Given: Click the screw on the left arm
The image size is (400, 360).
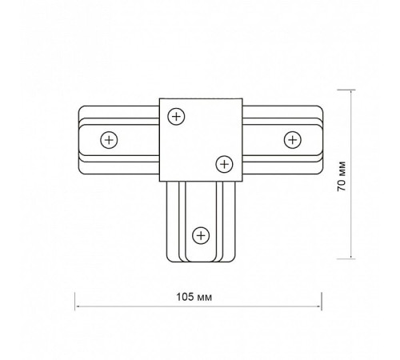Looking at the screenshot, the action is tap(109, 140).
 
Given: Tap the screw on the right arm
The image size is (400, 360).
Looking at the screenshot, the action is tap(293, 140).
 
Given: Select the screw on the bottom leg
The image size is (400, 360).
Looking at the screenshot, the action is tap(201, 235).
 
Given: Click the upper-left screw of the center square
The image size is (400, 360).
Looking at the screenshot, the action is tap(176, 117).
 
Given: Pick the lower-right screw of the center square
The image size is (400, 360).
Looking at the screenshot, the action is tap(224, 164).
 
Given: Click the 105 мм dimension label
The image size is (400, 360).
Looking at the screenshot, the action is tap(194, 297).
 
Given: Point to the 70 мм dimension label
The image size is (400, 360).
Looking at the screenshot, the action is tap(342, 176).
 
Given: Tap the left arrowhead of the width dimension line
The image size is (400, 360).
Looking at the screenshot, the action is tap(77, 306).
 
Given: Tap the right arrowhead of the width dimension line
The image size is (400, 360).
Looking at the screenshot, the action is tap(319, 306).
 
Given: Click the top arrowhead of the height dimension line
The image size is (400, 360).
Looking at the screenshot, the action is tap(351, 92).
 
